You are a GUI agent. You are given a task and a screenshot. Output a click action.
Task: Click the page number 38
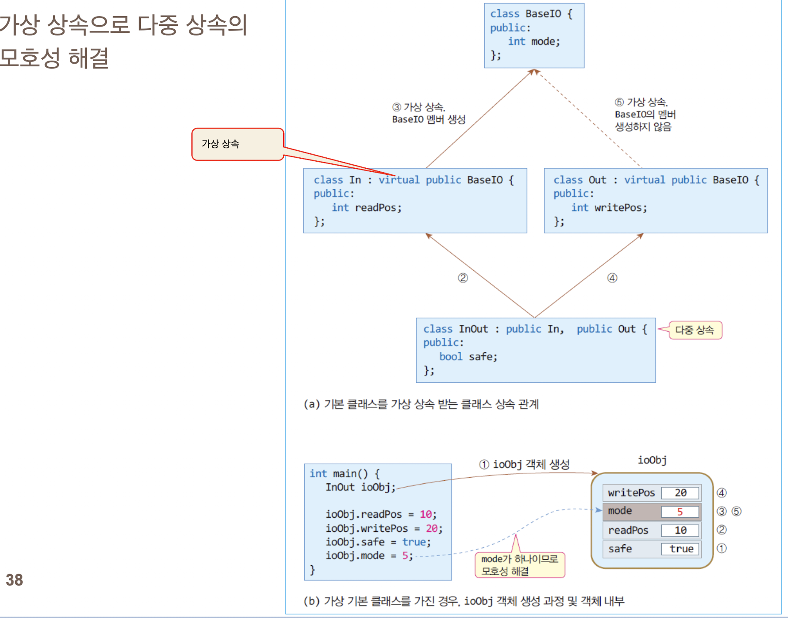pyautogui.click(x=14, y=580)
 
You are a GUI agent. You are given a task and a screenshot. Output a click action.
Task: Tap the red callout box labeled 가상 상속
pyautogui.click(x=238, y=144)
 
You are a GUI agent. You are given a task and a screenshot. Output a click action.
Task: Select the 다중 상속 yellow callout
pyautogui.click(x=695, y=330)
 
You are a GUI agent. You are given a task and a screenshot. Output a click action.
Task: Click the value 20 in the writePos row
pyautogui.click(x=680, y=493)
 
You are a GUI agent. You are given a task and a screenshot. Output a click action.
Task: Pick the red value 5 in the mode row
pyautogui.click(x=680, y=512)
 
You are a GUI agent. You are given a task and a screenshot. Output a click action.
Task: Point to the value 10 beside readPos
pyautogui.click(x=680, y=530)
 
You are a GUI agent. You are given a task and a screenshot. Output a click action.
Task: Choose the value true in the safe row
pyautogui.click(x=681, y=549)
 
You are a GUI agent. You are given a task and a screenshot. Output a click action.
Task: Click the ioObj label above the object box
pyautogui.click(x=652, y=460)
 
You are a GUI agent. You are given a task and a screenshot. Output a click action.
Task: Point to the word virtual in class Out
pyautogui.click(x=645, y=180)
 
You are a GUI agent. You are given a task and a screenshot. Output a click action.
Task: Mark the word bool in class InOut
pyautogui.click(x=451, y=357)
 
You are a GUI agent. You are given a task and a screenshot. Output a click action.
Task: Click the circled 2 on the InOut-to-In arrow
pyautogui.click(x=463, y=278)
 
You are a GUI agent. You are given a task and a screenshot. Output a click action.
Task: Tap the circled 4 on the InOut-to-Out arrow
pyautogui.click(x=612, y=278)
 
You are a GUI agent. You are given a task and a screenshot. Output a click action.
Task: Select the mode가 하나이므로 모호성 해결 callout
pyautogui.click(x=520, y=565)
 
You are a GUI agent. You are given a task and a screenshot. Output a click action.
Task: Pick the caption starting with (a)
pyautogui.click(x=421, y=404)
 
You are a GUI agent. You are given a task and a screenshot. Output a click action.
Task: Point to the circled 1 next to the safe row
pyautogui.click(x=722, y=548)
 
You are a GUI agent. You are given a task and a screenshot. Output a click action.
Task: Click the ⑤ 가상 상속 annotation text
pyautogui.click(x=645, y=114)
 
